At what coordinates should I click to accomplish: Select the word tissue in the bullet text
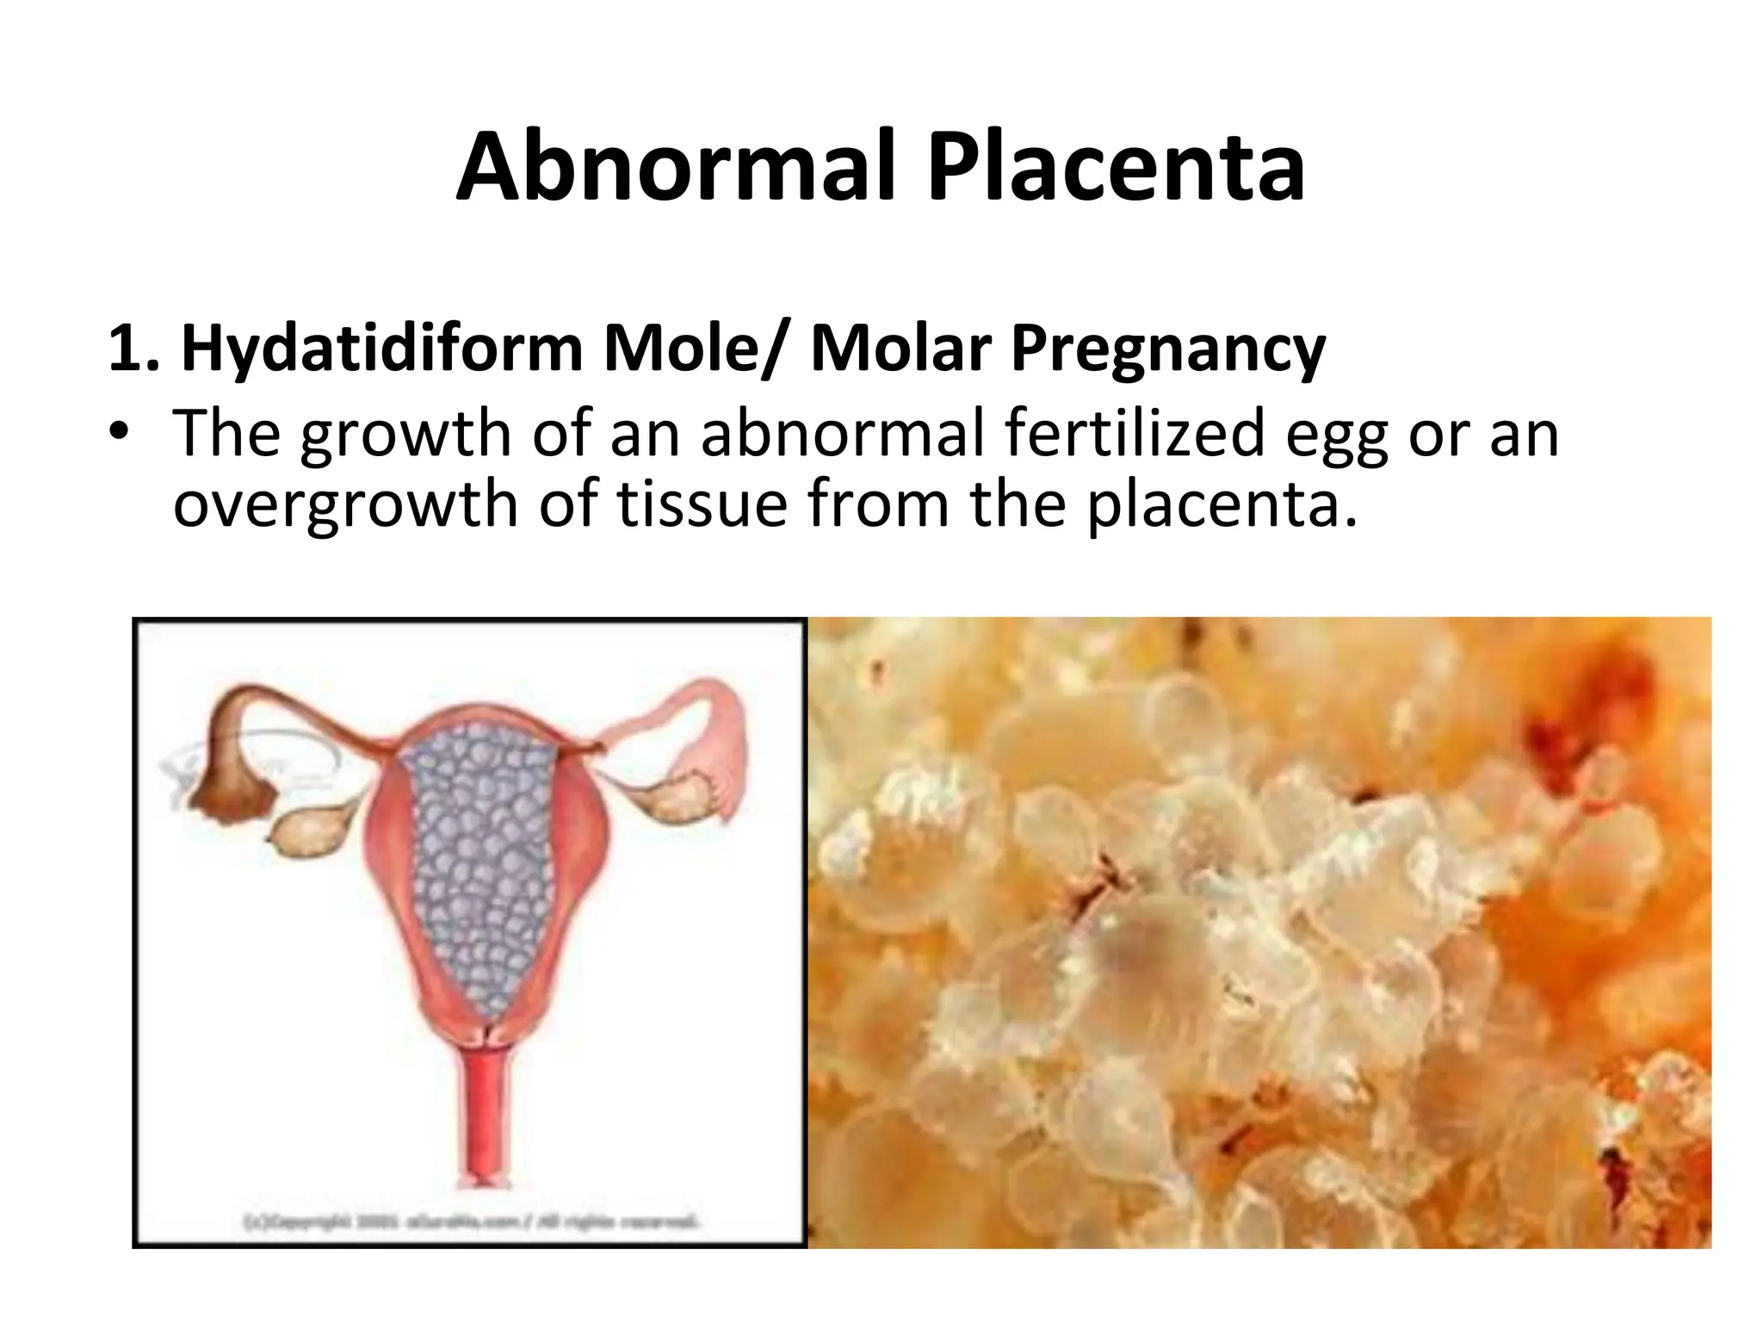(x=701, y=503)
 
